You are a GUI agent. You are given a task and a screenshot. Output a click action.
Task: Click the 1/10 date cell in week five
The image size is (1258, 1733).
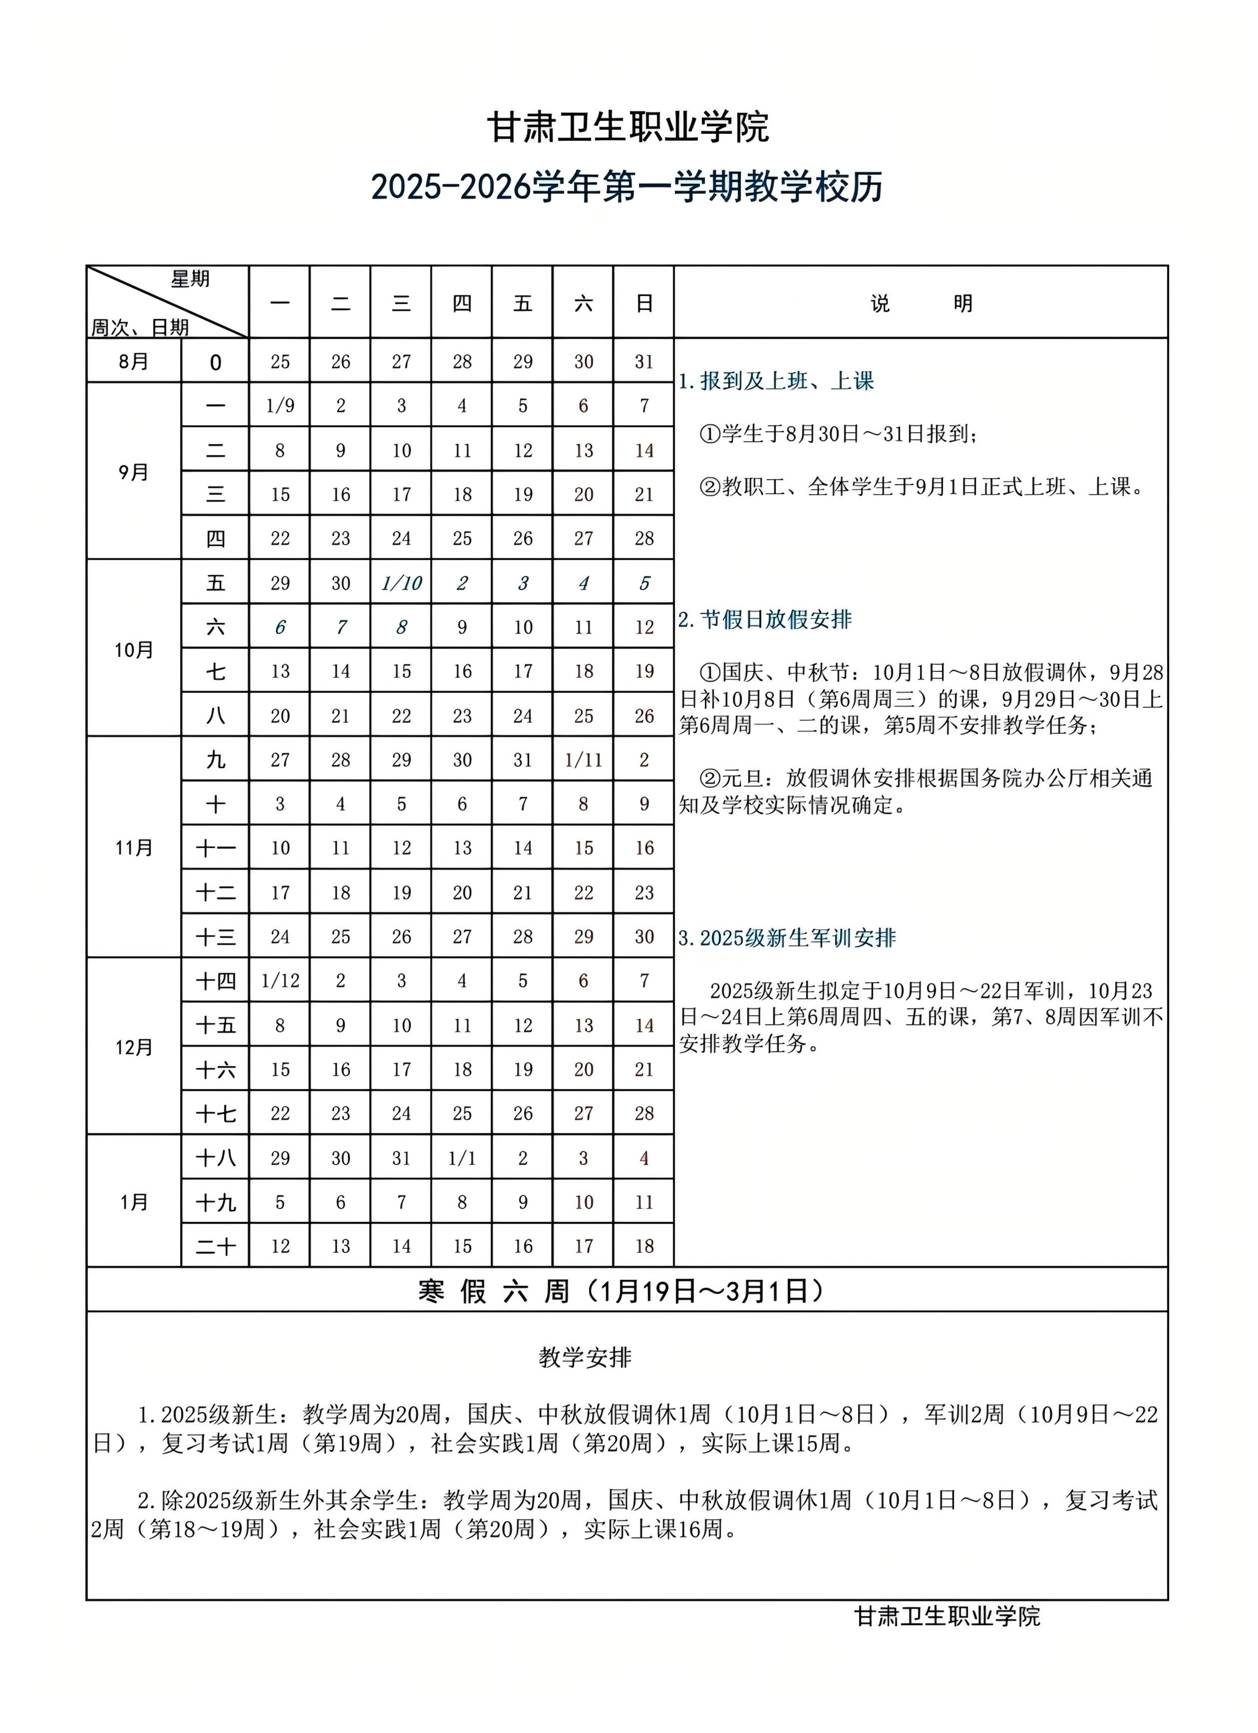401,584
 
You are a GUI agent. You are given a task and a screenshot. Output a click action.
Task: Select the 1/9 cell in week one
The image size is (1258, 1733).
280,406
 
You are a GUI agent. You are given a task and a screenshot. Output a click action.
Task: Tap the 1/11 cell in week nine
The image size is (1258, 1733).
583,760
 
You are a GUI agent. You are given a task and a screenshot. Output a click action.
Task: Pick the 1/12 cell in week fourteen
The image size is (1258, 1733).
280,981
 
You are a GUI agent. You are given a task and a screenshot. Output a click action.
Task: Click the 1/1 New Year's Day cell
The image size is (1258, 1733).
462,1158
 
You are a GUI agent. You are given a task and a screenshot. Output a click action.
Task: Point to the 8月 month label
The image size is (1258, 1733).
134,361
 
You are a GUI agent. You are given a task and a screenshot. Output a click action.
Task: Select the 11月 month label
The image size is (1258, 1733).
134,848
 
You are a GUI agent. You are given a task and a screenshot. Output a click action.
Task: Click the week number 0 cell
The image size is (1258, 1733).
215,362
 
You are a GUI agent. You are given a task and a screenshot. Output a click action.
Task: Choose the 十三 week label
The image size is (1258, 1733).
215,937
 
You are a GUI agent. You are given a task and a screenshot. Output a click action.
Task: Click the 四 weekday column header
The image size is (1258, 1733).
462,303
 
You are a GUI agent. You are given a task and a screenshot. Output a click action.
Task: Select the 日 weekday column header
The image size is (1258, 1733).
644,303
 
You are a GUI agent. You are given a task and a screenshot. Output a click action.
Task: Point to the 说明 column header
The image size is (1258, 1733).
921,303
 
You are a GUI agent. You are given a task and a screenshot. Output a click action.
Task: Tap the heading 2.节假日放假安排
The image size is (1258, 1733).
764,620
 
